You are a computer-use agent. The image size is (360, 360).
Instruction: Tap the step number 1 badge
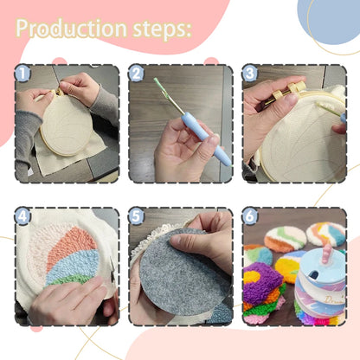pos(23,74)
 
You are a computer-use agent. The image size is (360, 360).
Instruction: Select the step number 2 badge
pos(137,74)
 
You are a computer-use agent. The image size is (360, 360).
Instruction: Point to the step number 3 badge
pos(250,74)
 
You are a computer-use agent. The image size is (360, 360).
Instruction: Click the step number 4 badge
pos(23,217)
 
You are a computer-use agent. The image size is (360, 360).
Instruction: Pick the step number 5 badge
pos(137,217)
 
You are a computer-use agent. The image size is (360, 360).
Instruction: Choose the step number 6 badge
pos(250,217)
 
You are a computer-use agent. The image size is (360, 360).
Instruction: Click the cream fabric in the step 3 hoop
pos(294,147)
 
